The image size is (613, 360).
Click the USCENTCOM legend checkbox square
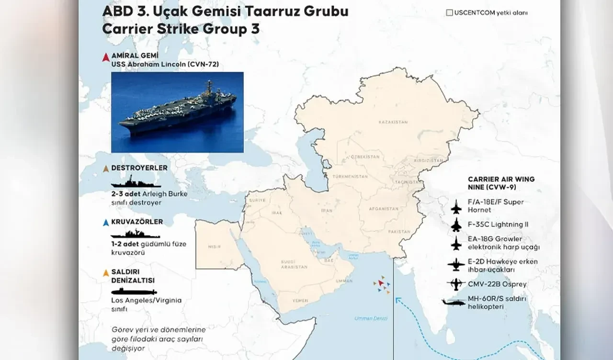point(449,13)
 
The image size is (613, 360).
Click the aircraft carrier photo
point(177,112)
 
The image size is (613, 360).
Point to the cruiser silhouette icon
point(136,235)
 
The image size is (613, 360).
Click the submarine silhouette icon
point(134,292)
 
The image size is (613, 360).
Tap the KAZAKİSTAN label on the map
point(393,122)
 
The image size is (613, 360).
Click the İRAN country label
point(326,210)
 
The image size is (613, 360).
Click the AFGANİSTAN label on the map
point(383,209)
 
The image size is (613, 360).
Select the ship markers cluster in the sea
point(381,285)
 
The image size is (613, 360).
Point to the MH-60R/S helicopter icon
point(453,303)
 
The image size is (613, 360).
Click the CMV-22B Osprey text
point(497,284)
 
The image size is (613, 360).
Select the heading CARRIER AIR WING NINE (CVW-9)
point(501,183)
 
